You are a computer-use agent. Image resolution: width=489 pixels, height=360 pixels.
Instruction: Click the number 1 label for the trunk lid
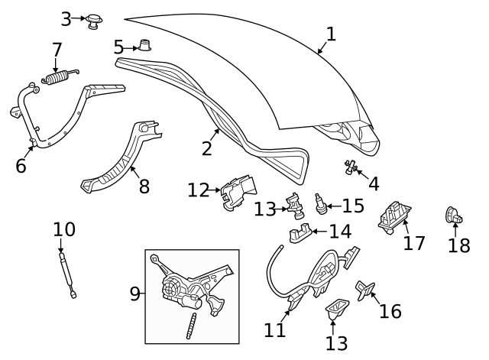pyautogui.click(x=330, y=34)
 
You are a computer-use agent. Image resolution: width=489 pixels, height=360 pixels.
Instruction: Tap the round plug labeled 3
pyautogui.click(x=95, y=21)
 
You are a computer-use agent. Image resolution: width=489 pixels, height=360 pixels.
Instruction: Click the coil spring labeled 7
pyautogui.click(x=58, y=78)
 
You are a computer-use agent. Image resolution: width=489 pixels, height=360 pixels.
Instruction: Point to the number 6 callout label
pyautogui.click(x=21, y=164)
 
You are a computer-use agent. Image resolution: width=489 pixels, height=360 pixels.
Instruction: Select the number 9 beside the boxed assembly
pyautogui.click(x=134, y=294)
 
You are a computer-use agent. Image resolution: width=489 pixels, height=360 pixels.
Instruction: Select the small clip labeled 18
pyautogui.click(x=452, y=217)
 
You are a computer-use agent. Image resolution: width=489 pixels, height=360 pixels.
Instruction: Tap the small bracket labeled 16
pyautogui.click(x=364, y=290)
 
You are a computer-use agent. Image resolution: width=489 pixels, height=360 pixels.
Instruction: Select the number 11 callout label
pyautogui.click(x=275, y=329)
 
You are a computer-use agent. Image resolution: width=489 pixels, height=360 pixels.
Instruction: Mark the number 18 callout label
pyautogui.click(x=459, y=245)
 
